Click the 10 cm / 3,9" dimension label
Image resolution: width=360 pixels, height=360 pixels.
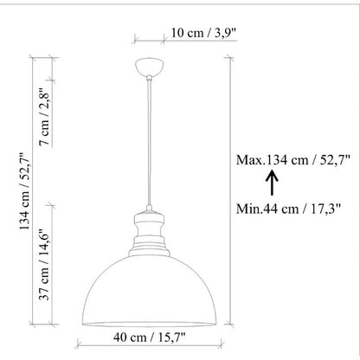click(204, 33)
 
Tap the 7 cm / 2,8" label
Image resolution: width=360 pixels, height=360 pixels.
click(45, 116)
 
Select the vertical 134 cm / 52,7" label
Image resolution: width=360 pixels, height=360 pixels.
click(25, 190)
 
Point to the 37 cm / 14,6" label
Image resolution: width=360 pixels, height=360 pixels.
click(45, 265)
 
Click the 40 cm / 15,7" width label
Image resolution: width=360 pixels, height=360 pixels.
click(149, 337)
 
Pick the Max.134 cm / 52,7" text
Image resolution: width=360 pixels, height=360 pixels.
click(293, 160)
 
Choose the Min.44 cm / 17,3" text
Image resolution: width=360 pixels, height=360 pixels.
click(288, 209)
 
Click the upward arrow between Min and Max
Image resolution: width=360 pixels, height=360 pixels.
click(272, 183)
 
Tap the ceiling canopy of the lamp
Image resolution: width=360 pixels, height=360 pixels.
click(149, 67)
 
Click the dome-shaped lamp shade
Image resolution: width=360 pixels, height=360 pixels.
click(149, 292)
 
